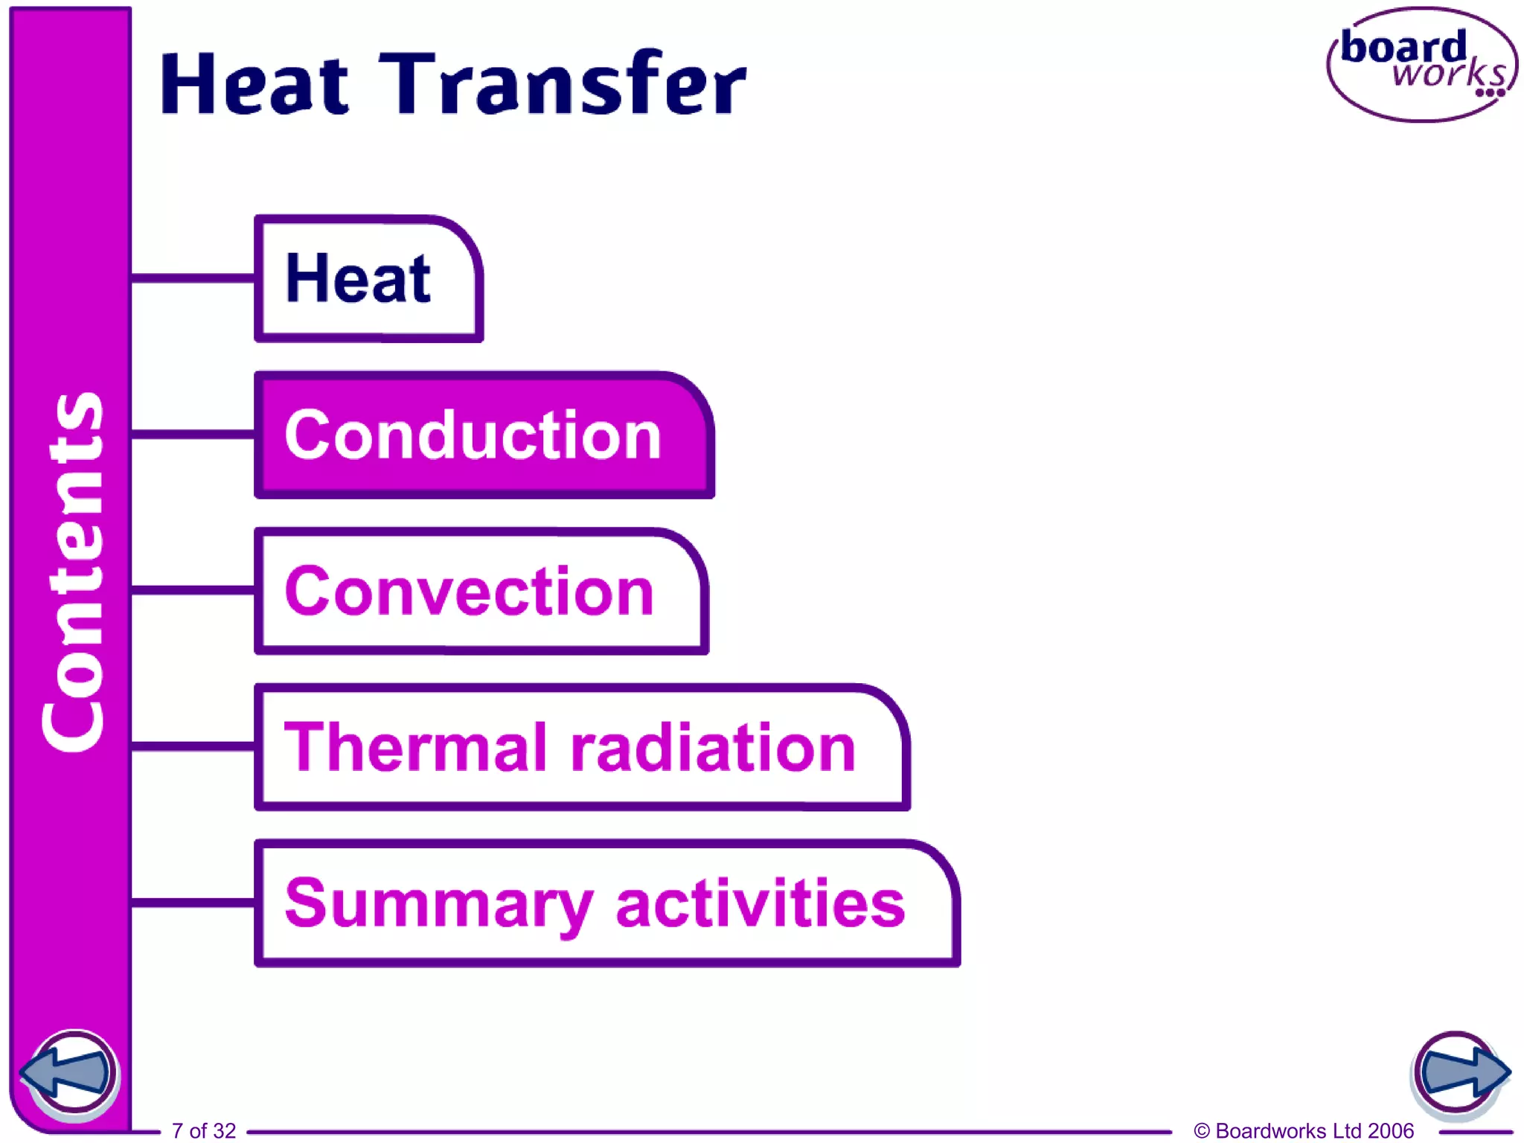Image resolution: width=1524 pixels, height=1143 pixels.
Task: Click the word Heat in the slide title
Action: point(254,83)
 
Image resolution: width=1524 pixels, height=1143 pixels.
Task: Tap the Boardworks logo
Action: point(1421,65)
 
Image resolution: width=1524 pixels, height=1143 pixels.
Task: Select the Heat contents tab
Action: point(368,278)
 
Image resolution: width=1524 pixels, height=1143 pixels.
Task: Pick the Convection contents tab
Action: point(480,592)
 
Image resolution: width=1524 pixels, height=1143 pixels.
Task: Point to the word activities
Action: point(761,903)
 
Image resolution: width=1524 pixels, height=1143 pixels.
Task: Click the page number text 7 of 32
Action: point(204,1130)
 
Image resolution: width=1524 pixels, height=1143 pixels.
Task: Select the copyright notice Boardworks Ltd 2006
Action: point(1304,1130)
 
